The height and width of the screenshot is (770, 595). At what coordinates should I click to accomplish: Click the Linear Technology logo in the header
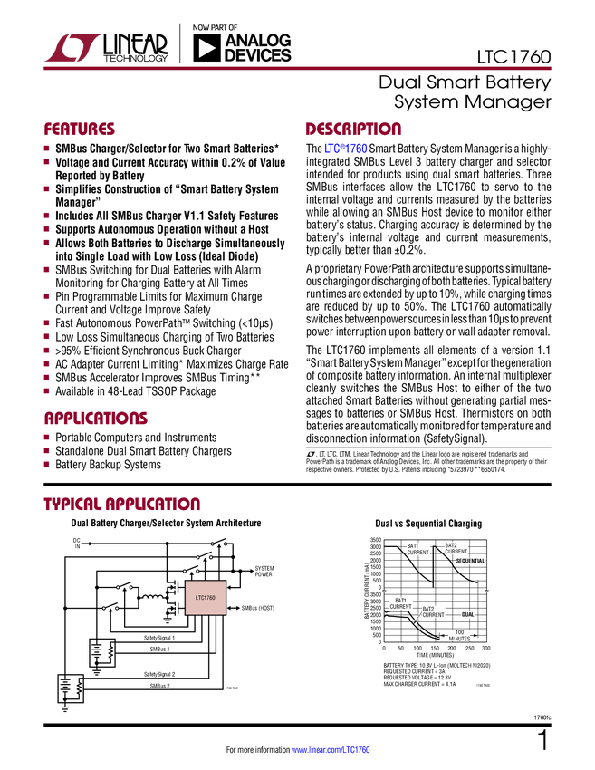point(72,46)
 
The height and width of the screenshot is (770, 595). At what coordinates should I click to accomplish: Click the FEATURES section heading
point(80,129)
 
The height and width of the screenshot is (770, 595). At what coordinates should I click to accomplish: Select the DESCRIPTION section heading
point(354,129)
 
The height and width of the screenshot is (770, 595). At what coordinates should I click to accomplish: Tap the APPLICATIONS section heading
point(96,419)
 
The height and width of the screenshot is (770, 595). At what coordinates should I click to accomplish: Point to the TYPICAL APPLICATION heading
point(122,504)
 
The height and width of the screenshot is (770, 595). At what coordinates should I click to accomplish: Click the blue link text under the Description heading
point(346,149)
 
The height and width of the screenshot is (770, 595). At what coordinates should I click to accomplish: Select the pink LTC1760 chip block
point(206,598)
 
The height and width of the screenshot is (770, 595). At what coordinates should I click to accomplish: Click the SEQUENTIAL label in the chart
point(470,561)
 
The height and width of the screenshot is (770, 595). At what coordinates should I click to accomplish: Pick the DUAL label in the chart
point(467,614)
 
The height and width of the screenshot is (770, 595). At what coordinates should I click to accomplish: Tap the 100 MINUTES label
point(459,635)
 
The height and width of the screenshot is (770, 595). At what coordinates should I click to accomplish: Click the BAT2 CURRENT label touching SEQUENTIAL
point(456,548)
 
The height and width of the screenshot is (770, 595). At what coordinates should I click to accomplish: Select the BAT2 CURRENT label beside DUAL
point(434,611)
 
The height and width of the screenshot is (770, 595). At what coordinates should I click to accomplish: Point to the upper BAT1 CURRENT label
point(417,549)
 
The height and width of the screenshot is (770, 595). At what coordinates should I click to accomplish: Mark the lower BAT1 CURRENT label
point(401,602)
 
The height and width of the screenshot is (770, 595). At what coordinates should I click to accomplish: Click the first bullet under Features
point(47,148)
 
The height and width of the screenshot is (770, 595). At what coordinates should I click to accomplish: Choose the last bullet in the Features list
point(47,390)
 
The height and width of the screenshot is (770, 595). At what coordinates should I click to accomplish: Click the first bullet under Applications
point(47,437)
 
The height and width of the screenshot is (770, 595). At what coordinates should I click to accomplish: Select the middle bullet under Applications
point(47,450)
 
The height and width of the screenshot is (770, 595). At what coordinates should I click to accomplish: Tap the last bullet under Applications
point(47,464)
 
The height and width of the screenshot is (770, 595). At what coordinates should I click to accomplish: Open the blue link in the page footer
point(331,749)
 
